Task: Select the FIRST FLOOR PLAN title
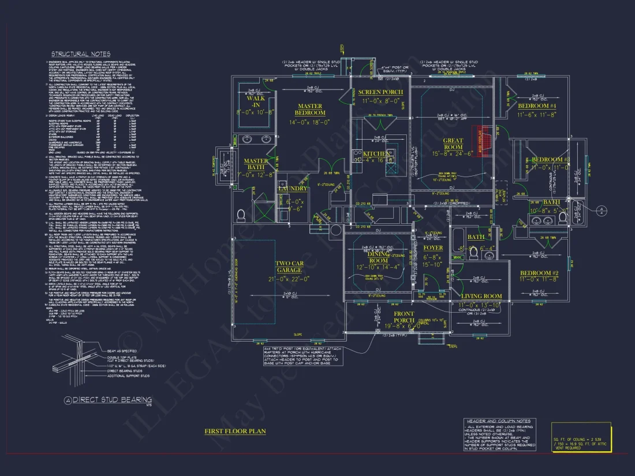click(235, 431)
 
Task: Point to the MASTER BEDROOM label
click(310, 110)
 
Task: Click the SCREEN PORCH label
click(380, 92)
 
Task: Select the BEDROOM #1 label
click(536, 107)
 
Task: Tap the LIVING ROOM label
click(480, 297)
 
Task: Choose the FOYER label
click(433, 248)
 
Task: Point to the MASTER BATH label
click(256, 164)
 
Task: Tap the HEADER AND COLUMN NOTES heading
click(500, 421)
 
